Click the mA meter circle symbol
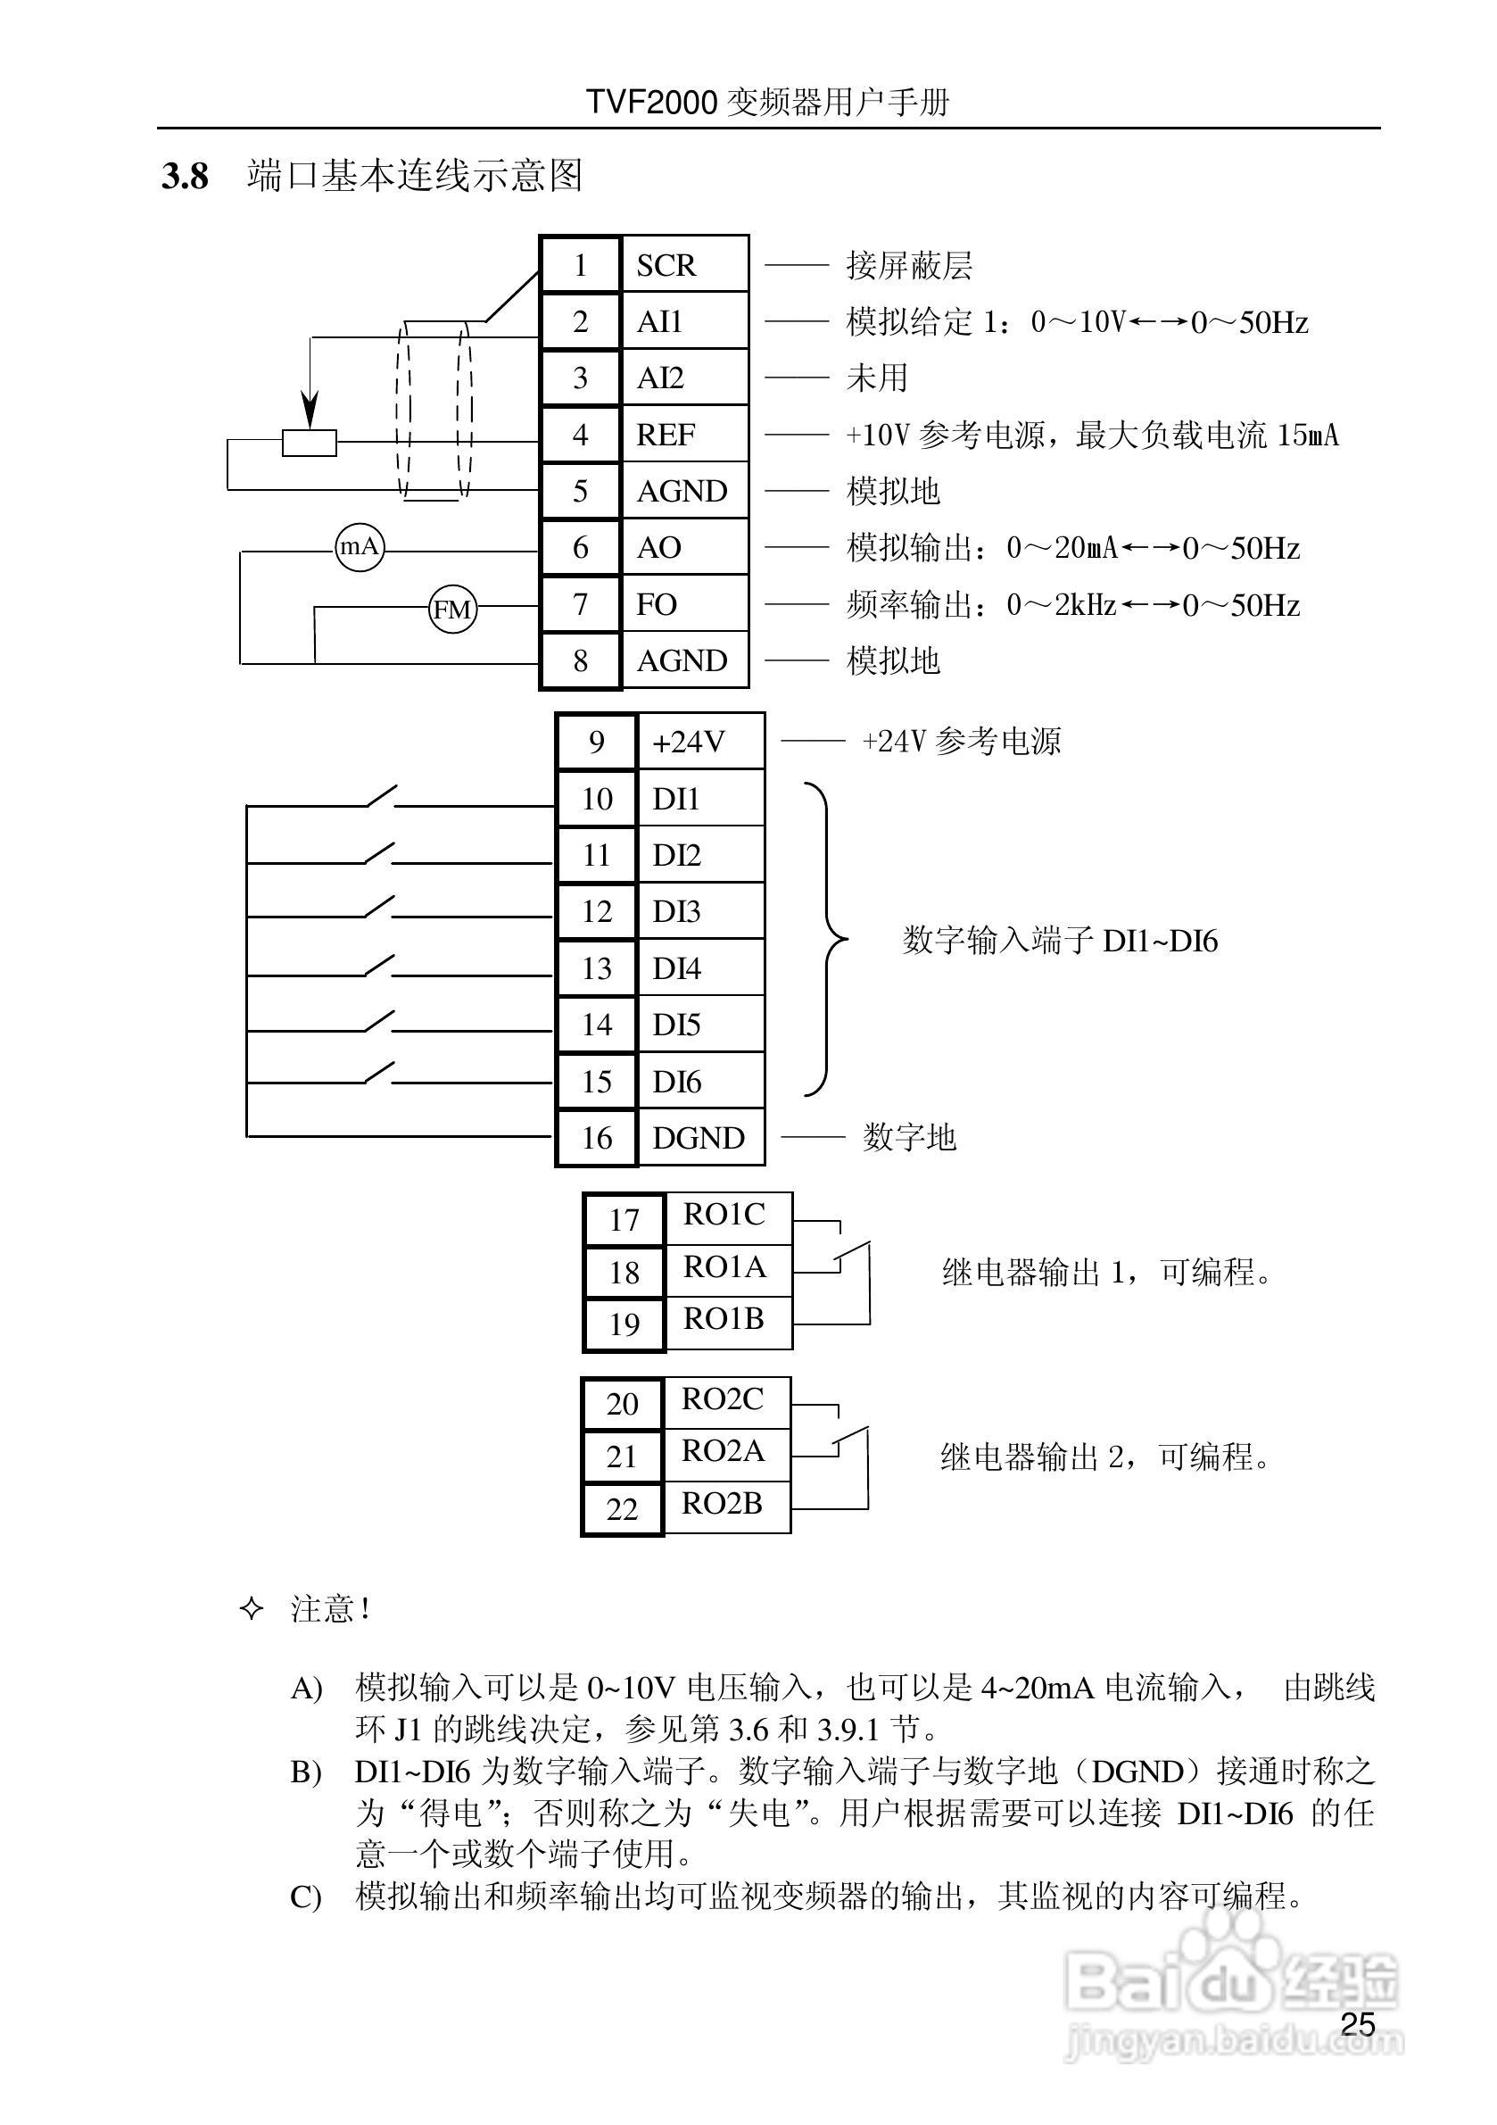point(359,547)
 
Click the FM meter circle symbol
point(452,609)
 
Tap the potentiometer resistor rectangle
point(309,444)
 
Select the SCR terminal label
point(666,266)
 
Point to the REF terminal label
point(666,435)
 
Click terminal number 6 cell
point(580,548)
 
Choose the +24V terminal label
point(689,743)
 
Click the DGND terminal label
point(699,1137)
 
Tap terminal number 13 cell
point(597,968)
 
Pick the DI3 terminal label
point(676,911)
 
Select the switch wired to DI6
point(379,1074)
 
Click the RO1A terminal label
point(724,1266)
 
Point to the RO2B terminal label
point(722,1503)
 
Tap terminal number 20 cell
point(623,1404)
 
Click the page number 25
point(1357,2024)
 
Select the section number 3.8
point(185,176)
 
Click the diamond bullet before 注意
point(251,1608)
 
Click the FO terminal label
point(657,604)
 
